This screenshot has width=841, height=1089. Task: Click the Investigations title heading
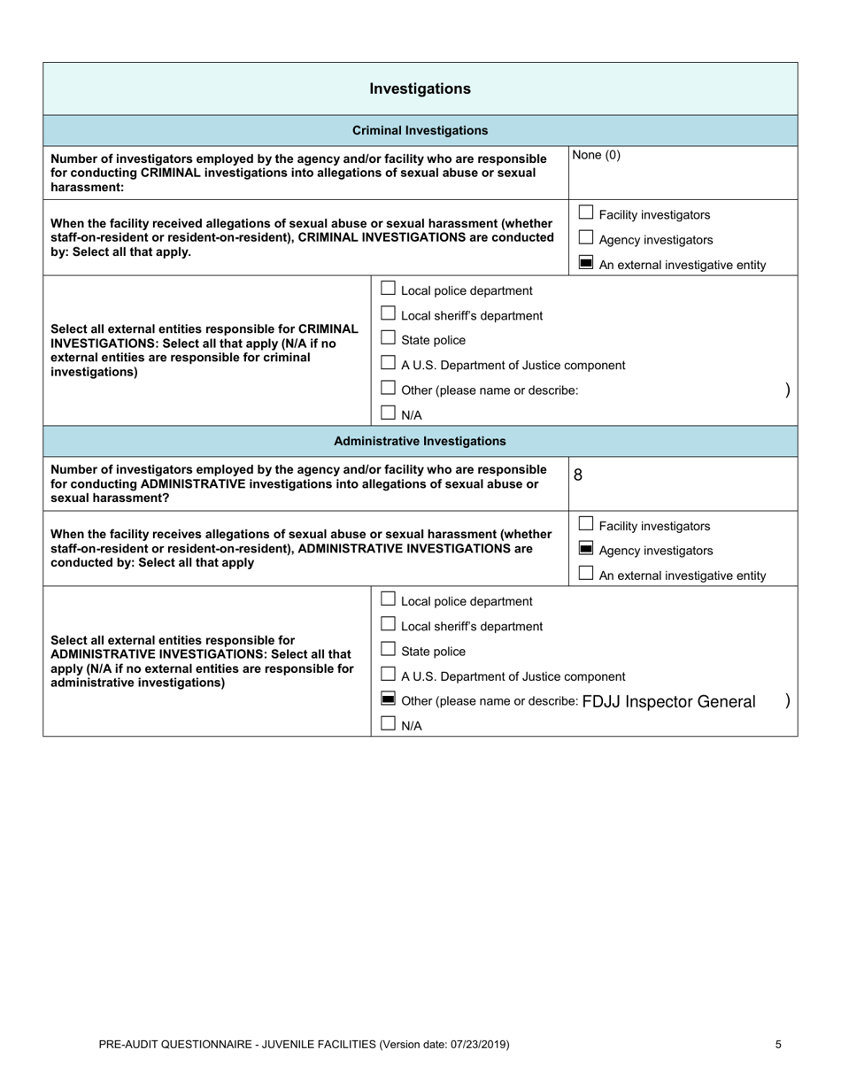pyautogui.click(x=420, y=89)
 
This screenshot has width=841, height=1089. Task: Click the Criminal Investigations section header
pyautogui.click(x=420, y=130)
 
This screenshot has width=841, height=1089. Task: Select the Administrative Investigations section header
pyautogui.click(x=420, y=441)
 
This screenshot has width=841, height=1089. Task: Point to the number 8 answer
pyautogui.click(x=578, y=475)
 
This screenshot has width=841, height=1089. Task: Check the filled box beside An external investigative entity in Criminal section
pyautogui.click(x=585, y=263)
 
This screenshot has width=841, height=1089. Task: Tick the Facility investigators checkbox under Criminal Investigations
pyautogui.click(x=585, y=212)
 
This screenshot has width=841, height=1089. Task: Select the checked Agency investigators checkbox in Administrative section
pyautogui.click(x=585, y=549)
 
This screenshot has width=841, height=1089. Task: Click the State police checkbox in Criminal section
pyautogui.click(x=388, y=338)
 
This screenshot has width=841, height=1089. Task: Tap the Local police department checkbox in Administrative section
pyautogui.click(x=388, y=599)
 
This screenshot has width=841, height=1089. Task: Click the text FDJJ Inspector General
pyautogui.click(x=668, y=702)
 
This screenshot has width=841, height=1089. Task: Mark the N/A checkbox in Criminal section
pyautogui.click(x=388, y=413)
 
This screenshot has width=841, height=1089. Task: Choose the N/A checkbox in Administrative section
pyautogui.click(x=388, y=724)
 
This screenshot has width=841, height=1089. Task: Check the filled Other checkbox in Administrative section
pyautogui.click(x=388, y=699)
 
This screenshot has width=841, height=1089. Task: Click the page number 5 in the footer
pyautogui.click(x=778, y=1045)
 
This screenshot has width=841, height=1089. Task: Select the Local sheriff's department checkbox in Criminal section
pyautogui.click(x=388, y=313)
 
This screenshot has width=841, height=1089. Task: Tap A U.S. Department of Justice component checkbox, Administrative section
pyautogui.click(x=388, y=675)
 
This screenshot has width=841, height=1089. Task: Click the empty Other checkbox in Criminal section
pyautogui.click(x=388, y=388)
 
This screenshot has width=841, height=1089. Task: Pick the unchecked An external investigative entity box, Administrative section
pyautogui.click(x=585, y=574)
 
